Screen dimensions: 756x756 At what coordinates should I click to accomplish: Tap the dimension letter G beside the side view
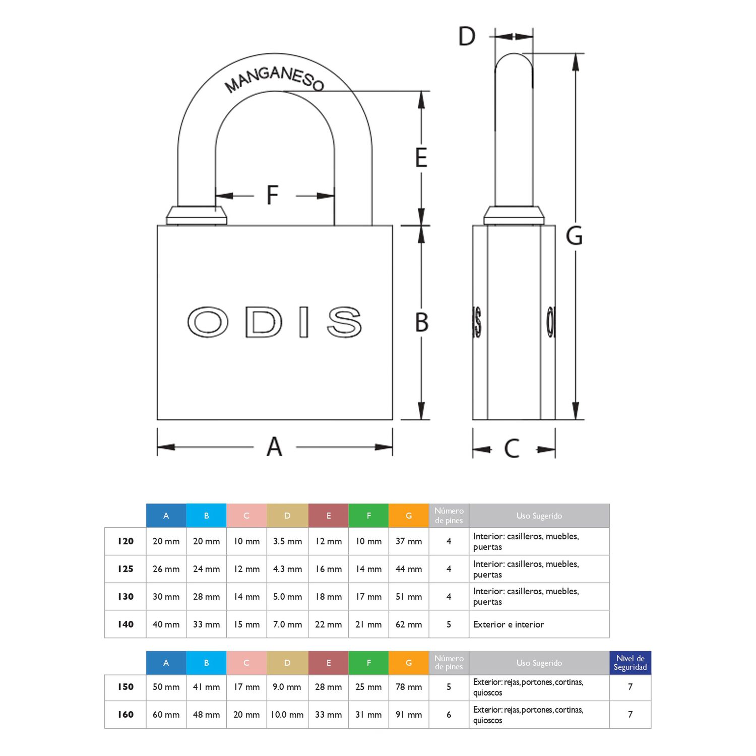click(574, 236)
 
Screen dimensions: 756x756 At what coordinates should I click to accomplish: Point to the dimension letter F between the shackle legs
click(273, 195)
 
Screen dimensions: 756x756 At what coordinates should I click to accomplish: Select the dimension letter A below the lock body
click(274, 447)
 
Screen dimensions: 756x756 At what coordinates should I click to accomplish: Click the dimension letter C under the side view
click(512, 448)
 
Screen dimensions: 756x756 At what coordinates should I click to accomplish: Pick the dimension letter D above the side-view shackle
click(467, 36)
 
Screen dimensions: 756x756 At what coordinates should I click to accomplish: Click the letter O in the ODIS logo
click(208, 322)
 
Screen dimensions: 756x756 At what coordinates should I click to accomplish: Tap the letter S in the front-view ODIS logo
click(344, 322)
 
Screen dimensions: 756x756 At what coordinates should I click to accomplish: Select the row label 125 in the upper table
click(125, 569)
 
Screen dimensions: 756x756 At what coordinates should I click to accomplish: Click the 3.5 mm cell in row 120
click(287, 541)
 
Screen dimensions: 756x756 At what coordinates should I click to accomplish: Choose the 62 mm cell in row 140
click(409, 624)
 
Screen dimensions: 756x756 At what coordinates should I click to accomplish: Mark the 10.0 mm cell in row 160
click(287, 715)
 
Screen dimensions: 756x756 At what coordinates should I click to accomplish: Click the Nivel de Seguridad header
click(630, 663)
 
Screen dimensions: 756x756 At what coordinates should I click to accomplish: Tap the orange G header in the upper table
click(409, 516)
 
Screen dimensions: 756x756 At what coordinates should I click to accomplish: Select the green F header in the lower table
click(368, 663)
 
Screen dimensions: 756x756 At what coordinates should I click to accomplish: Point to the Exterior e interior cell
click(509, 624)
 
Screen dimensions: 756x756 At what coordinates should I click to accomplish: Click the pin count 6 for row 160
click(449, 715)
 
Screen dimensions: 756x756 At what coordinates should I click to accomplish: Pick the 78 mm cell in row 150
click(409, 687)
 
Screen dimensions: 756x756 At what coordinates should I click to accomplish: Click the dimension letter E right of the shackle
click(421, 157)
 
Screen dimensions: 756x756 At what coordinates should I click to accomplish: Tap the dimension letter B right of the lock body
click(422, 323)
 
